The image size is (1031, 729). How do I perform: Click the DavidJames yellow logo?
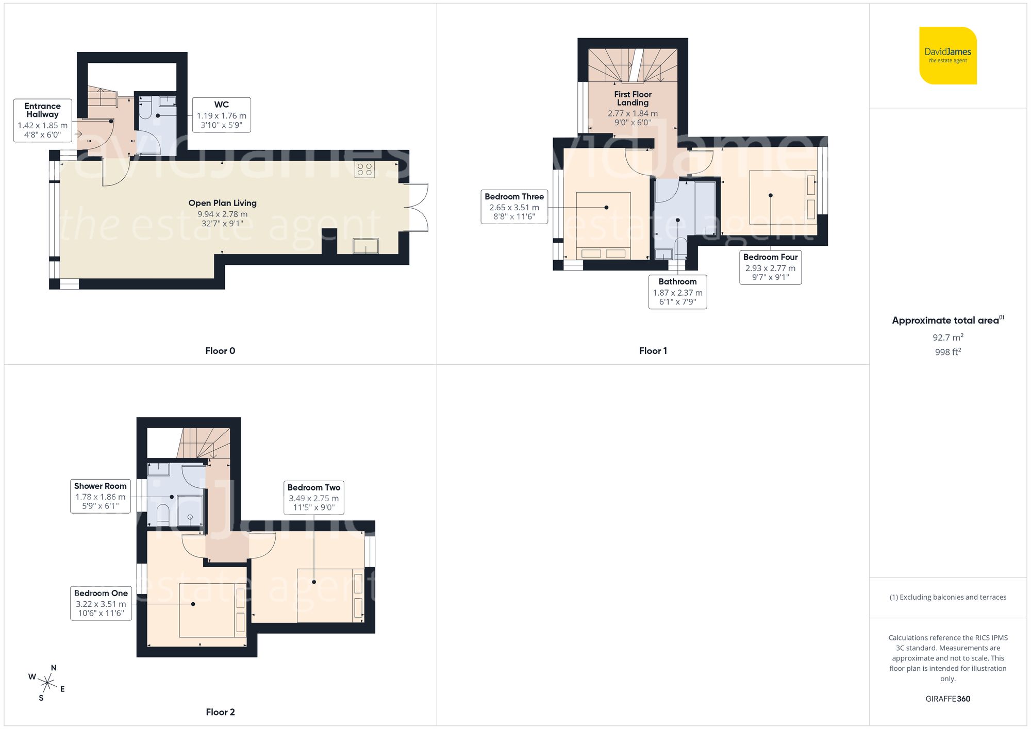click(947, 56)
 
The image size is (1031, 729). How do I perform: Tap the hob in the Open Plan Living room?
click(364, 169)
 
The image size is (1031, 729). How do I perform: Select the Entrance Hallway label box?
click(42, 121)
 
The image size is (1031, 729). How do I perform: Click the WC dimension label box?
click(221, 115)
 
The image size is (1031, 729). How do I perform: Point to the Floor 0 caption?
click(220, 351)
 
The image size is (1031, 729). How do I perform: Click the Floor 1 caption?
click(653, 351)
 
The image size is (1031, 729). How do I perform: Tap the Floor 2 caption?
click(220, 712)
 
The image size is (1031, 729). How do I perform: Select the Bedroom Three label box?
click(514, 207)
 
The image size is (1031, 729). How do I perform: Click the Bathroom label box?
click(677, 292)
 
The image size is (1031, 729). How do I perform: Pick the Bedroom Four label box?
click(770, 267)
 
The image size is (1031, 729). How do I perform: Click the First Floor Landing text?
click(633, 98)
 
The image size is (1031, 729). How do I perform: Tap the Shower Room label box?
click(100, 496)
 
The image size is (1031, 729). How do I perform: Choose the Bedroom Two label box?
click(313, 497)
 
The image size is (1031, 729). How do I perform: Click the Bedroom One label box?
click(101, 603)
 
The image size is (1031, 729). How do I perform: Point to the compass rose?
click(47, 684)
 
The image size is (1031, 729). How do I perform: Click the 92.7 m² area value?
click(947, 337)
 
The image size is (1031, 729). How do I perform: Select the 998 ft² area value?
click(947, 352)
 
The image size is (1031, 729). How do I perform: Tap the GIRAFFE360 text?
click(947, 699)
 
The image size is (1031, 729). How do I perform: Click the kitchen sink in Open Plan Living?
click(365, 246)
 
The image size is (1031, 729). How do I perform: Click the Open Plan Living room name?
click(222, 203)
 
